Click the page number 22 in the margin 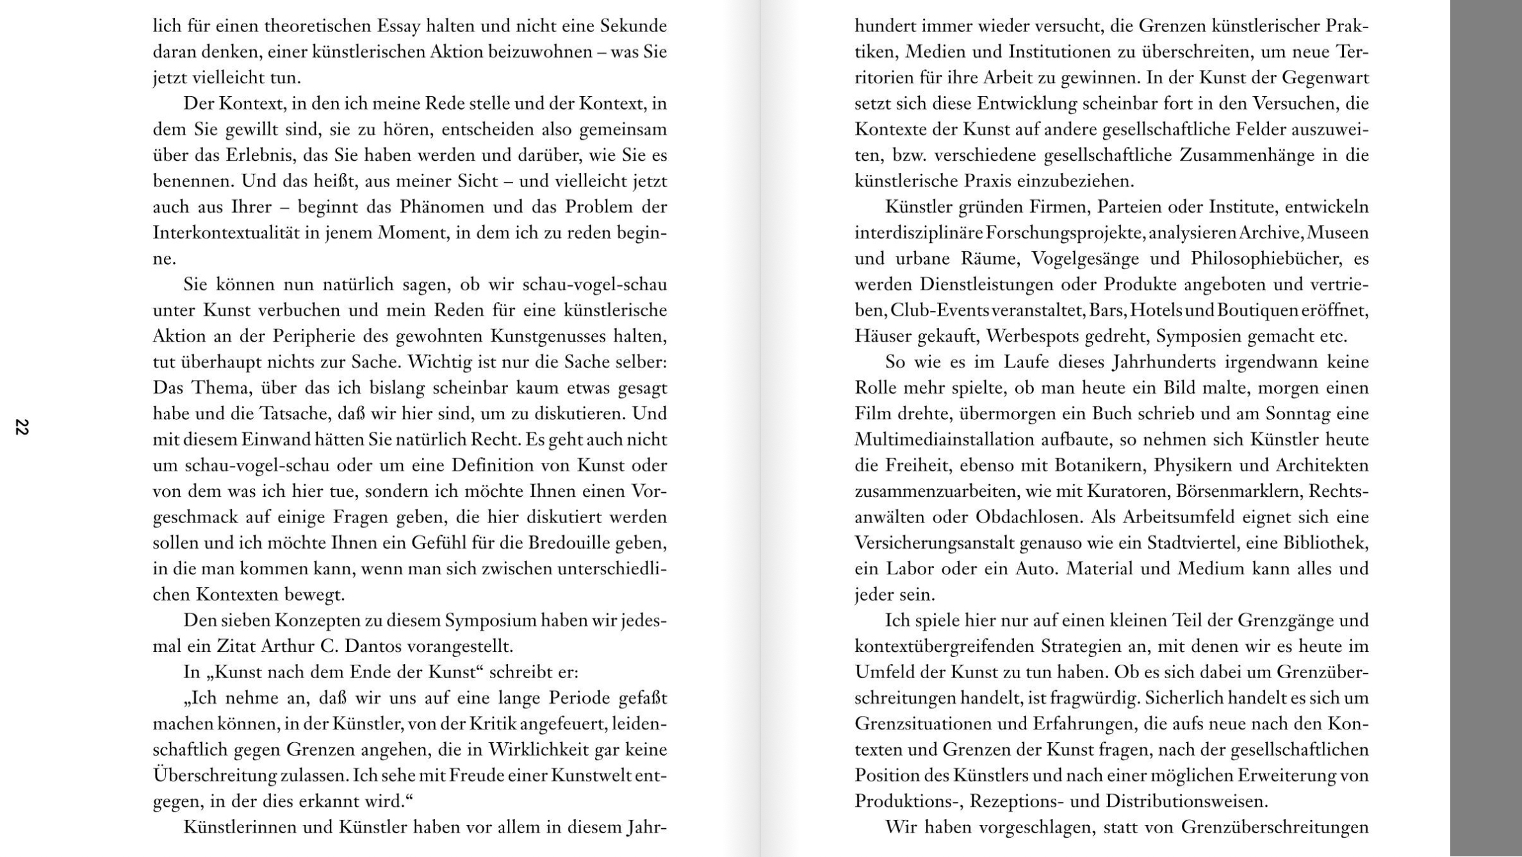point(22,427)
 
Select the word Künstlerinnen point(240,828)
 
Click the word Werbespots point(1030,337)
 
